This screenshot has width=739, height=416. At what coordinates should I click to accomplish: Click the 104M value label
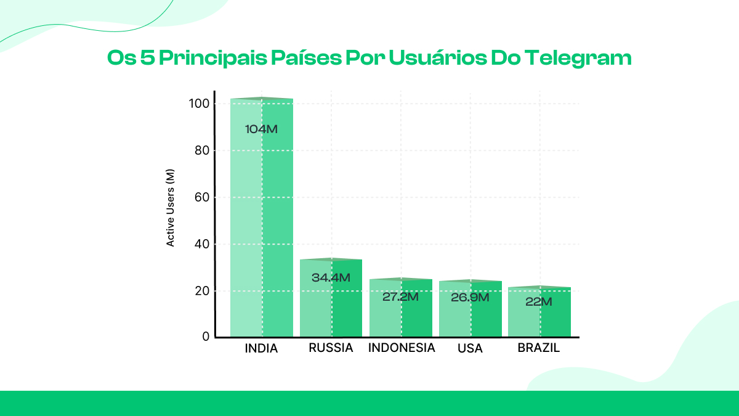click(x=262, y=129)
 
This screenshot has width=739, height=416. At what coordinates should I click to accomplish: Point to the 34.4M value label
click(x=331, y=278)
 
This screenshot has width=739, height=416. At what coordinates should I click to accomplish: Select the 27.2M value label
click(x=400, y=297)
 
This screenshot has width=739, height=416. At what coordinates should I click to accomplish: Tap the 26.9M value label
click(x=470, y=298)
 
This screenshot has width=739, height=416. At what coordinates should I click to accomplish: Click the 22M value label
click(x=539, y=302)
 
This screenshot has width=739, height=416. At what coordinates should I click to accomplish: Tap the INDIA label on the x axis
click(x=261, y=349)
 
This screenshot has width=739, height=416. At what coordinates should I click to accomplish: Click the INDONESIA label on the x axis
click(x=402, y=348)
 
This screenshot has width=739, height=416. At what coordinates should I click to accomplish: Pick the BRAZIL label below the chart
click(x=539, y=348)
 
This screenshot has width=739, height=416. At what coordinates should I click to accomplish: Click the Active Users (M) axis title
click(x=171, y=208)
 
